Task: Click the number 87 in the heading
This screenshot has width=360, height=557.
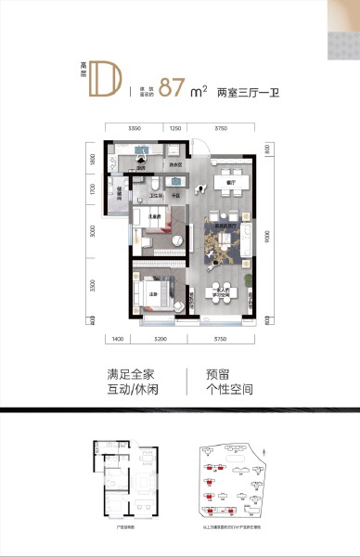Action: [170, 88]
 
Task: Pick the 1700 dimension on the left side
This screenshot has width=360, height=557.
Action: [93, 191]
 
